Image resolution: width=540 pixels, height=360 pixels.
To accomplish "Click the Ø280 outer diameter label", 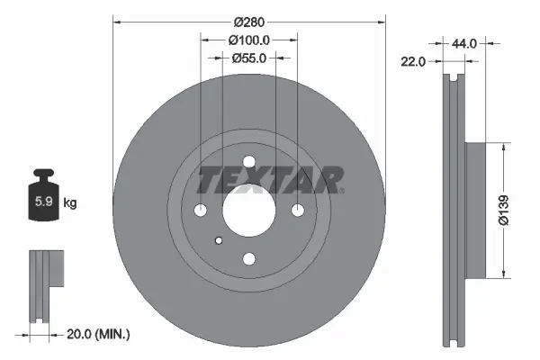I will pyautogui.click(x=248, y=21).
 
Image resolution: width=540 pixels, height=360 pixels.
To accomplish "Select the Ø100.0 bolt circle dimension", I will pyautogui.click(x=248, y=40).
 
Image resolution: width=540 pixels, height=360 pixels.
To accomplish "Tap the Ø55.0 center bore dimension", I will pyautogui.click(x=248, y=58).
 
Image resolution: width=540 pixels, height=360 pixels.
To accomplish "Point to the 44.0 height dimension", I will pyautogui.click(x=463, y=42).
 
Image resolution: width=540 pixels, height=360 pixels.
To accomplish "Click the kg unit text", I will pyautogui.click(x=70, y=203).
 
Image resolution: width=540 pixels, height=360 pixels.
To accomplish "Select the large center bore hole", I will pyautogui.click(x=248, y=211).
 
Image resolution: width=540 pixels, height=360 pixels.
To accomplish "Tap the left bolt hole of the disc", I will pyautogui.click(x=200, y=211).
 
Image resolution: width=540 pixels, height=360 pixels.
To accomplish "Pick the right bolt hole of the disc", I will pyautogui.click(x=297, y=211).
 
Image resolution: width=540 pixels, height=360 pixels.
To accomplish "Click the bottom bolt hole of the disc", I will pyautogui.click(x=248, y=259).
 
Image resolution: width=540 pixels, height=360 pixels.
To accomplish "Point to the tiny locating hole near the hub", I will pyautogui.click(x=219, y=240).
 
